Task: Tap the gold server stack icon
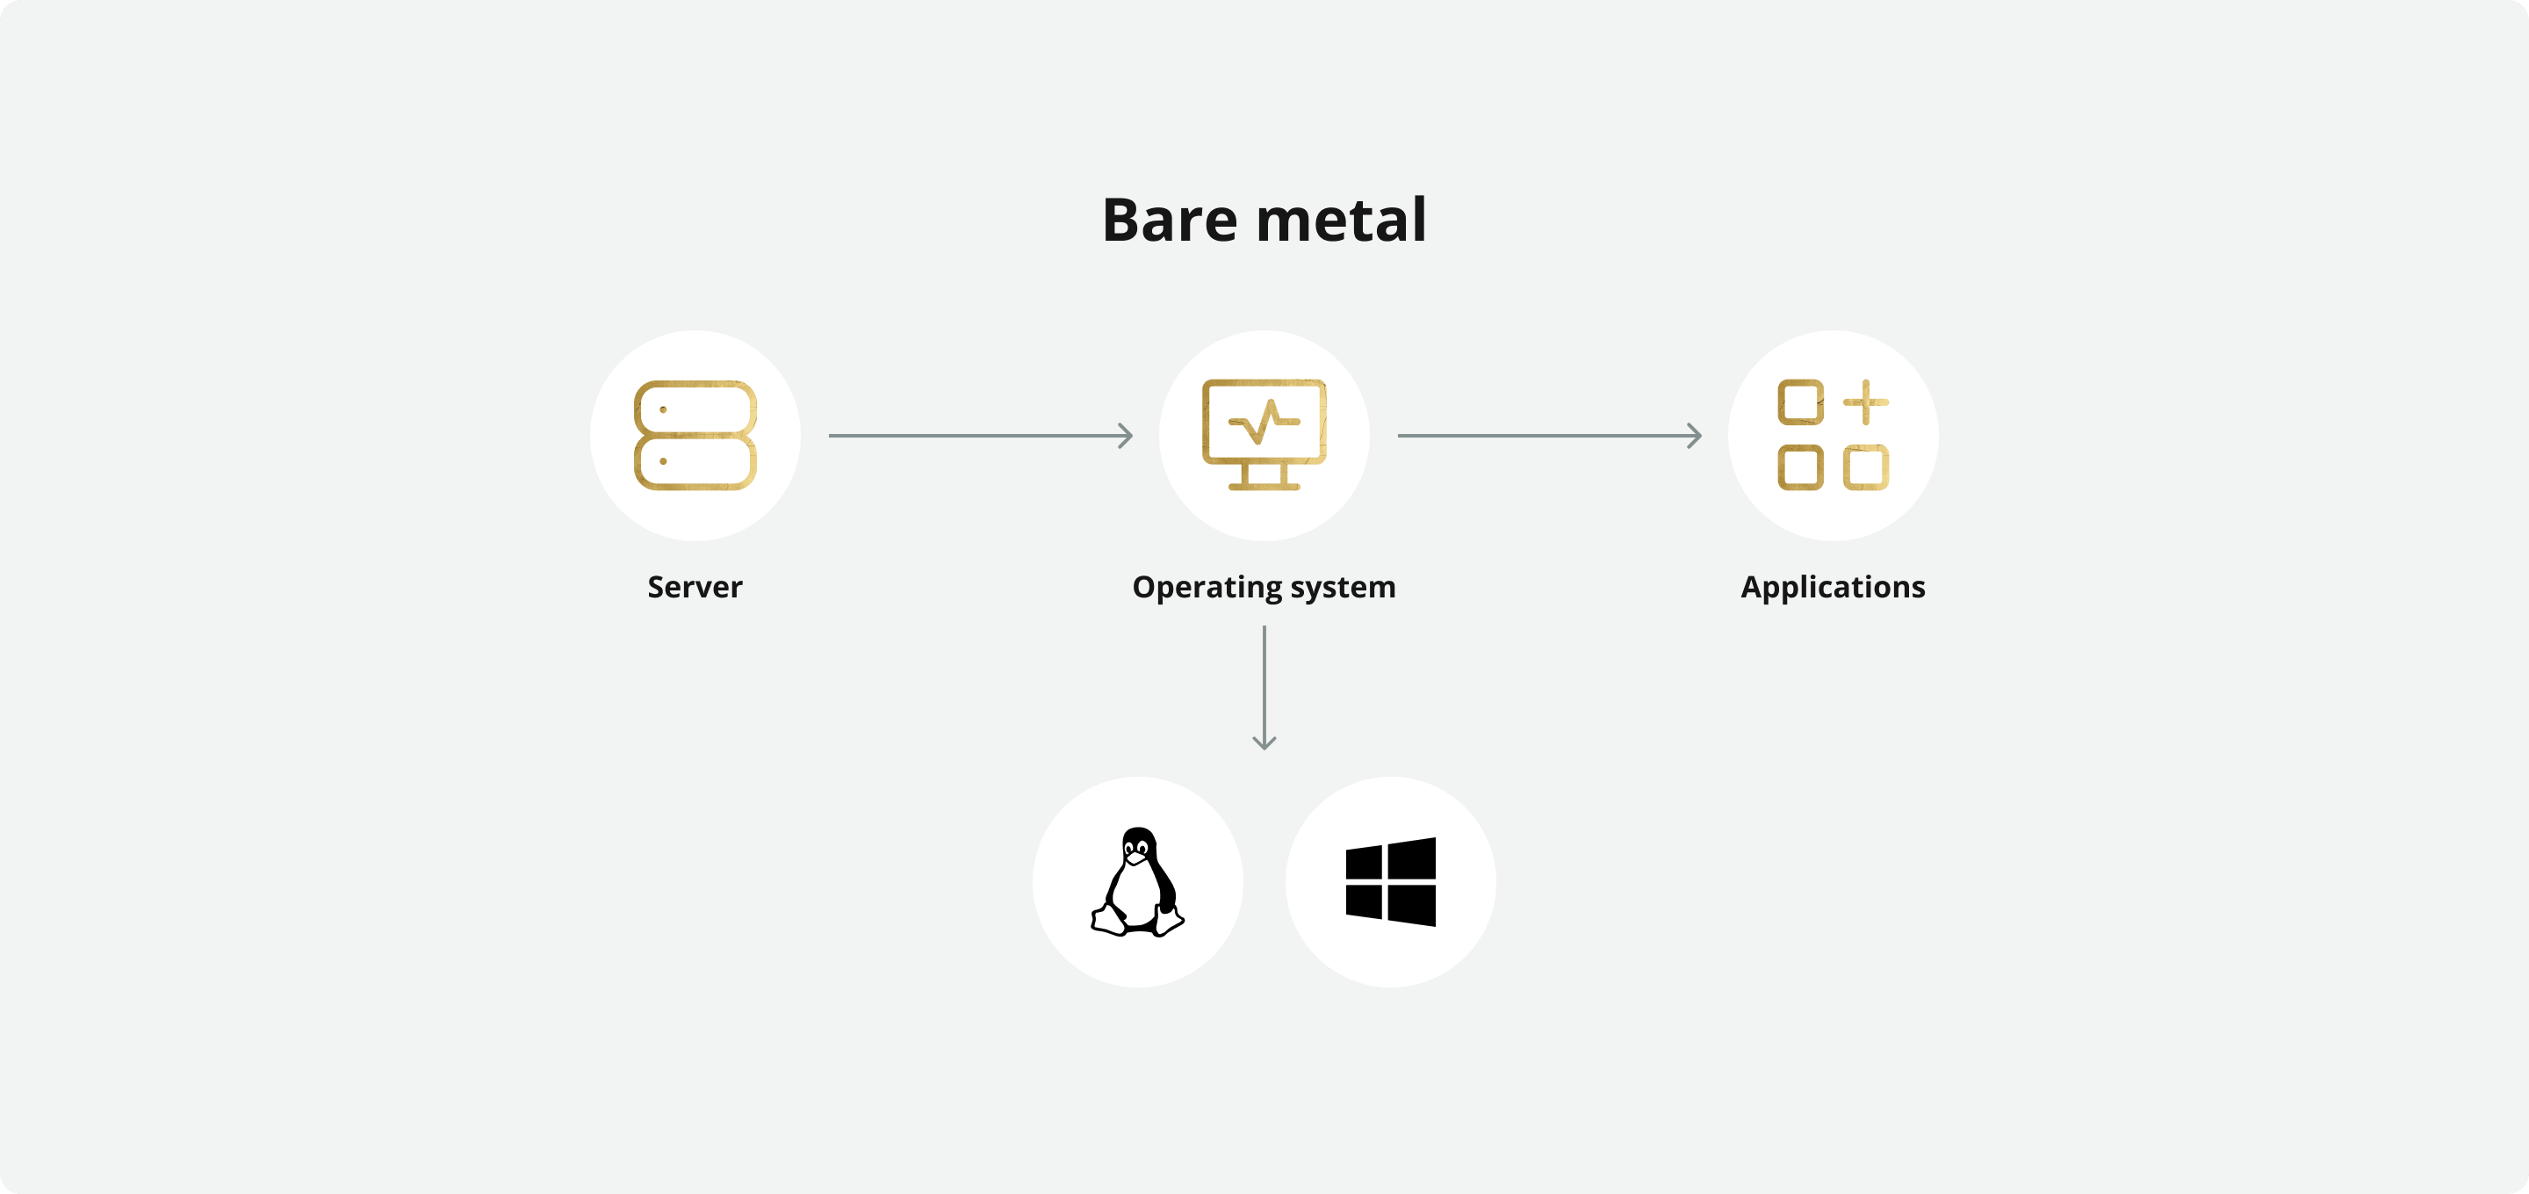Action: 695,435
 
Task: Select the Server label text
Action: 695,587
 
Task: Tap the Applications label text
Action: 1833,587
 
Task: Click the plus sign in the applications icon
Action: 1865,402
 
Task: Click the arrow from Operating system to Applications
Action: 1549,435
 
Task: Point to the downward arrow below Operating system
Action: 1264,687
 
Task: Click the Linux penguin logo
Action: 1138,882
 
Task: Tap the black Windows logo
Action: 1391,882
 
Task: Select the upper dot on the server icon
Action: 664,409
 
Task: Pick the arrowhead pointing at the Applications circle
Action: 1696,435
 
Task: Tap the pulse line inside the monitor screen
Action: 1264,423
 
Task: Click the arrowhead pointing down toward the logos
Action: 1264,742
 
